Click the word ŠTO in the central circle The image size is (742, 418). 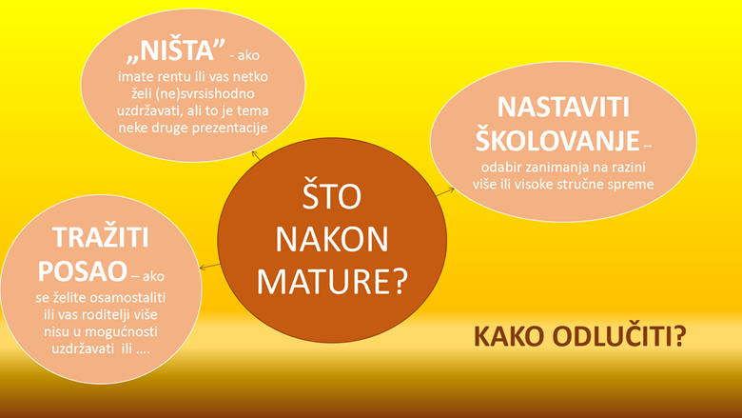tap(332, 195)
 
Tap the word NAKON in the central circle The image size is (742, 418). tap(332, 240)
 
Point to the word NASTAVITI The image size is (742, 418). tap(563, 107)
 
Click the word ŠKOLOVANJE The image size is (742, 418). tap(557, 140)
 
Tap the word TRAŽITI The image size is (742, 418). tap(101, 237)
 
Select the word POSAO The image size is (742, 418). tap(83, 271)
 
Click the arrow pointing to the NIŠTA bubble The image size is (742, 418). tap(256, 155)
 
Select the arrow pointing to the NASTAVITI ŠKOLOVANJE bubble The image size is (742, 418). tap(445, 191)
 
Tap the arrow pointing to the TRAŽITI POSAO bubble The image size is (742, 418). tap(209, 267)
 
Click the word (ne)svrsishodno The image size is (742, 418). tap(205, 93)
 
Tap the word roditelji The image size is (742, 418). tap(109, 315)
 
